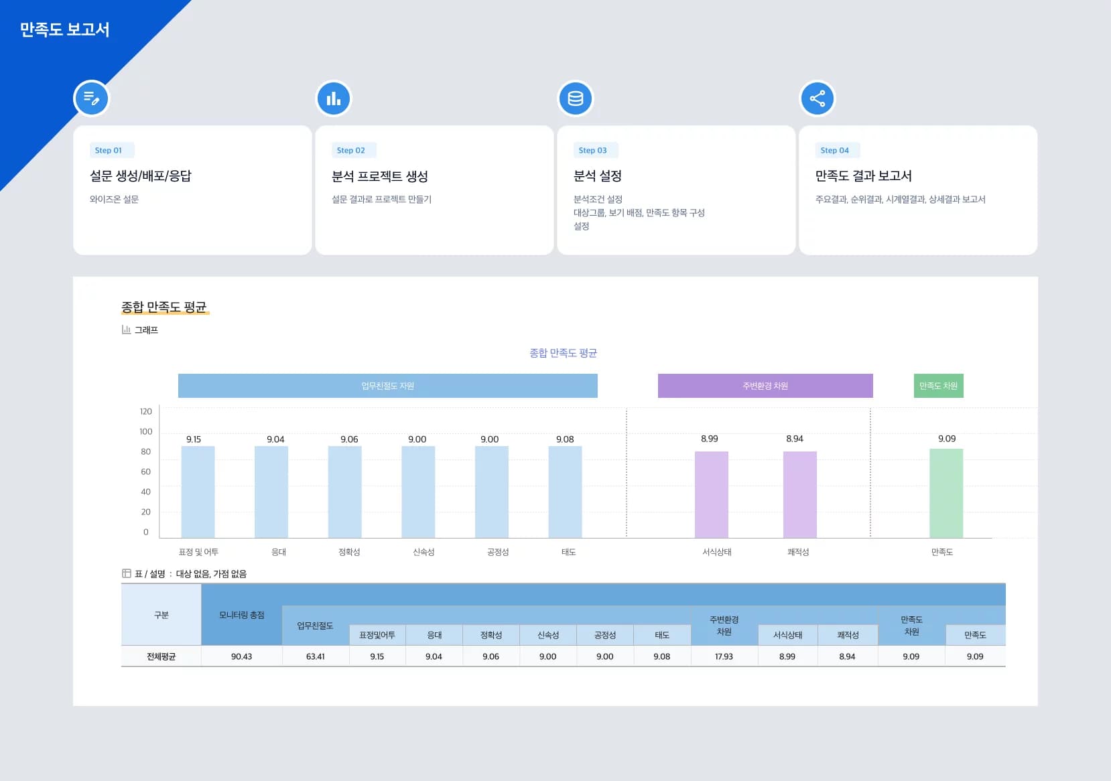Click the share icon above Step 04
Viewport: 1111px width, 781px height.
[817, 98]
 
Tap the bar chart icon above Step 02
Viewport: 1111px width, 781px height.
[333, 98]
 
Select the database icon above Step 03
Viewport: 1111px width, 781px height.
[575, 98]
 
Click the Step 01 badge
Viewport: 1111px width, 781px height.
[109, 150]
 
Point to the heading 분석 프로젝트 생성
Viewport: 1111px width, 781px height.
[379, 176]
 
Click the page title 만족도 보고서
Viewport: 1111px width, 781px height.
[64, 29]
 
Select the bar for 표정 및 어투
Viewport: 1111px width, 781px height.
[198, 492]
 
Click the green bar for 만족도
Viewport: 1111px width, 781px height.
[945, 493]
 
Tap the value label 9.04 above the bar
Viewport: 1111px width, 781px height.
[275, 439]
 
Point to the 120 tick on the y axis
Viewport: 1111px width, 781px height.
[145, 411]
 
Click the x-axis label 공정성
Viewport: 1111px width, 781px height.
[497, 552]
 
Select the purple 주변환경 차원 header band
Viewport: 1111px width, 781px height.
[765, 386]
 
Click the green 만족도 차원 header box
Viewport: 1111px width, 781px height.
[938, 386]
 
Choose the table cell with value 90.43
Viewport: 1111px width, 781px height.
[241, 656]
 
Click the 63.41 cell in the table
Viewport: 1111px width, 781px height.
[315, 656]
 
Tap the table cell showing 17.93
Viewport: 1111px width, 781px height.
[724, 656]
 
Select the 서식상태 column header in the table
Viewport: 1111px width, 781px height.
[787, 635]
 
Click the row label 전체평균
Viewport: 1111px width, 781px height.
[161, 656]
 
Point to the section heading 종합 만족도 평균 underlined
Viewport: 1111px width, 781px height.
[164, 307]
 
